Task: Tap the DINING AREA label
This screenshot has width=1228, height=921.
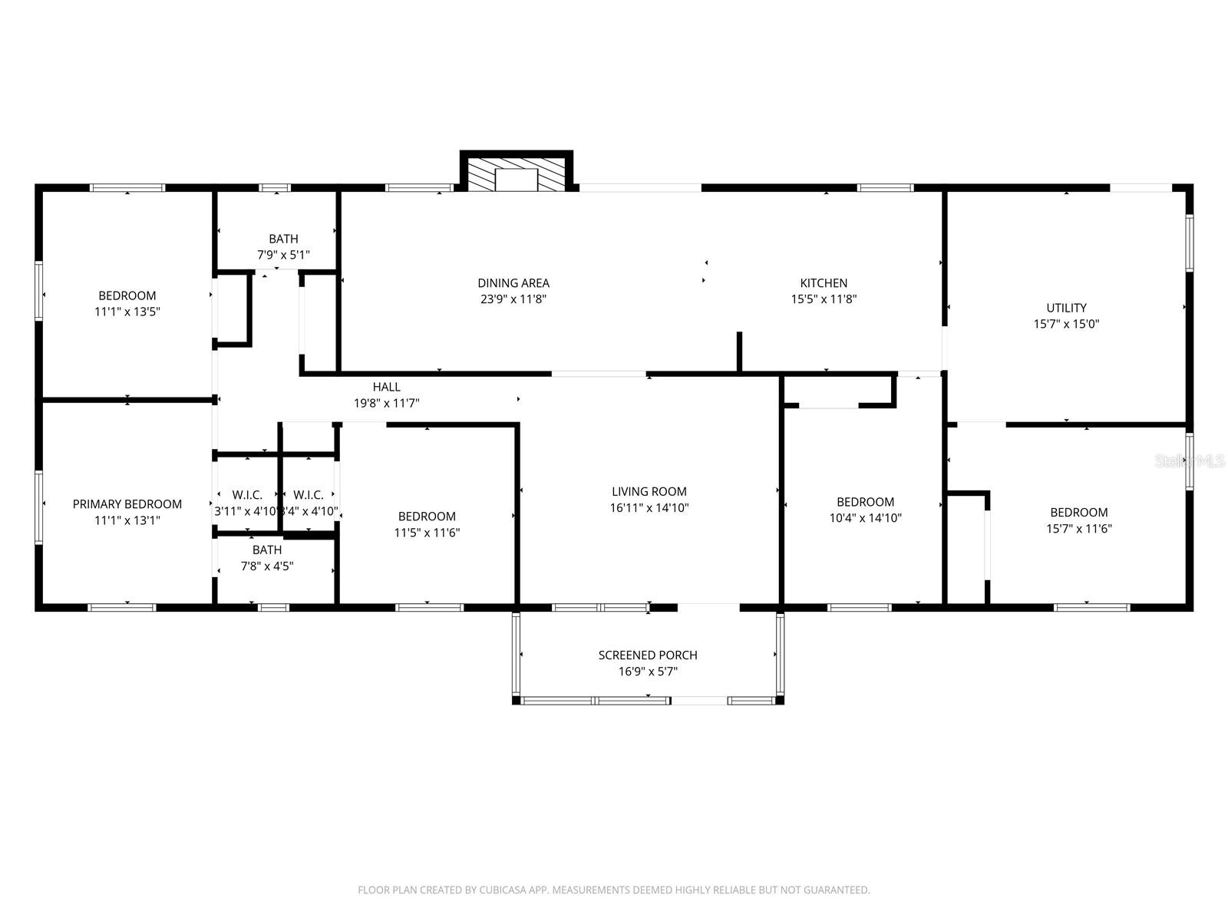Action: (x=513, y=283)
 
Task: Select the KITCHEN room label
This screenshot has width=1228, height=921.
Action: (x=824, y=283)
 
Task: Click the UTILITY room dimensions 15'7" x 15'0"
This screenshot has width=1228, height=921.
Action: (x=1066, y=324)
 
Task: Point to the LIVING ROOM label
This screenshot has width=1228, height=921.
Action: (x=649, y=491)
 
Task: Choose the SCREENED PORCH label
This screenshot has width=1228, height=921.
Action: (x=648, y=655)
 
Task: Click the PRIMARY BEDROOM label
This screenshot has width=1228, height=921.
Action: (x=127, y=503)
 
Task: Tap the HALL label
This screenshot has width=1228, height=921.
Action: (x=387, y=387)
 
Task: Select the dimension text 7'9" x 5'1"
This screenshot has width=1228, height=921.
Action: (x=283, y=255)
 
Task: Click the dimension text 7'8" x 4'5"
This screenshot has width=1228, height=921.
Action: (x=267, y=566)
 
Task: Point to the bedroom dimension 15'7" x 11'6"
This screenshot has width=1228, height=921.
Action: (x=1079, y=529)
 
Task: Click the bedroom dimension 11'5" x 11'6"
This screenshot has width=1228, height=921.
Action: (x=427, y=533)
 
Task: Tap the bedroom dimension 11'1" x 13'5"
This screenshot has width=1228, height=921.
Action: (x=127, y=312)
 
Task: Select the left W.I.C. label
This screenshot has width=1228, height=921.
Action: (x=247, y=495)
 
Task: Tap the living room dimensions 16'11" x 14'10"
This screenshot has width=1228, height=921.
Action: (x=649, y=507)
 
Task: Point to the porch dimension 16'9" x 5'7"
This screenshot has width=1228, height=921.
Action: (x=648, y=672)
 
